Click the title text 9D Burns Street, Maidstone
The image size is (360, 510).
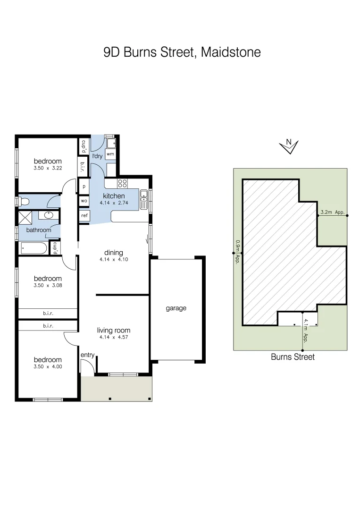pyautogui.click(x=182, y=52)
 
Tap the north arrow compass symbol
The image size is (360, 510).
pyautogui.click(x=289, y=147)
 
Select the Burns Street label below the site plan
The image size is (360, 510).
pyautogui.click(x=293, y=357)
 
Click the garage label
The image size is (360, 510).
pyautogui.click(x=176, y=308)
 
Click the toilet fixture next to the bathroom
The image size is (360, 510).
pyautogui.click(x=23, y=202)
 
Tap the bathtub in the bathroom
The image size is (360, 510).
pyautogui.click(x=33, y=248)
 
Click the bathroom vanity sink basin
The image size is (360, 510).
pyautogui.click(x=49, y=215)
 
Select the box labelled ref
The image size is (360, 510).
pyautogui.click(x=84, y=216)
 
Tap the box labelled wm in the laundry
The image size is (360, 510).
pyautogui.click(x=110, y=154)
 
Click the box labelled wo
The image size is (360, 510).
pyautogui.click(x=84, y=201)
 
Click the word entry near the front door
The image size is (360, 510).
pyautogui.click(x=87, y=355)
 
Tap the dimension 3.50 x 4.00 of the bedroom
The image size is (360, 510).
pyautogui.click(x=48, y=366)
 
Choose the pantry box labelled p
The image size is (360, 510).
pyautogui.click(x=84, y=186)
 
